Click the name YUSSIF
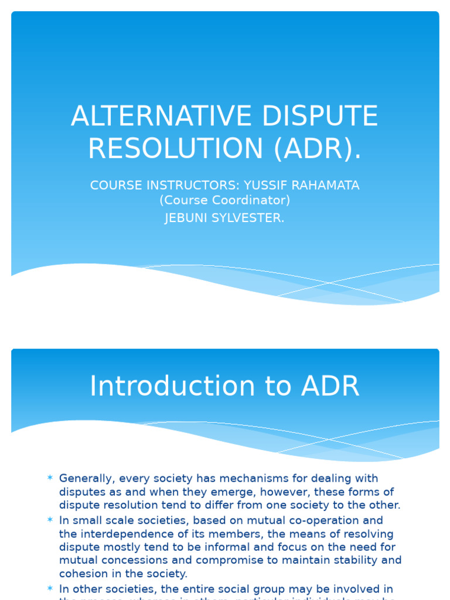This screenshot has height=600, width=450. coord(267,185)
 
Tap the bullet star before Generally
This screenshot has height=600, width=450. coord(50,478)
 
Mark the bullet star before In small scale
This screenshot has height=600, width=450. coord(50,520)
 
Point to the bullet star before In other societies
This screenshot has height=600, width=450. coord(50,588)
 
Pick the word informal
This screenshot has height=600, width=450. coord(243,547)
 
